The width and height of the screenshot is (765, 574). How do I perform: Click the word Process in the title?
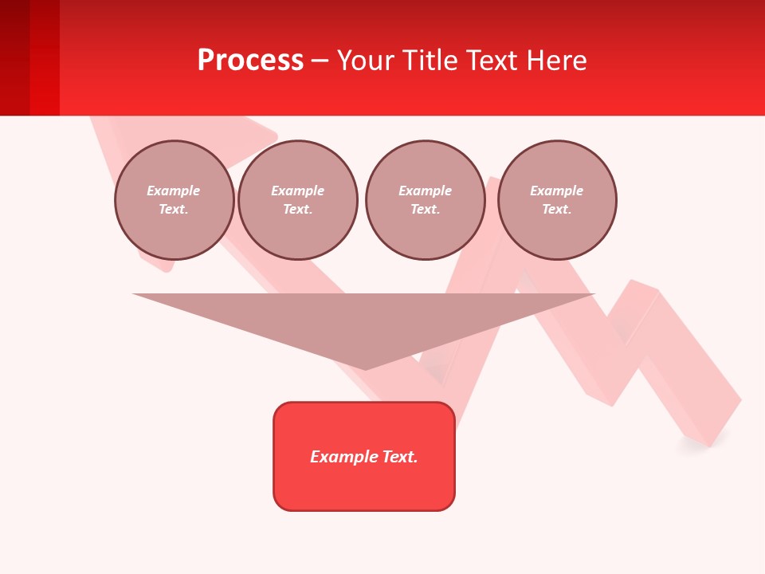coord(250,61)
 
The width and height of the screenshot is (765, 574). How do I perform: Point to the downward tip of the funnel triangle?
coord(365,368)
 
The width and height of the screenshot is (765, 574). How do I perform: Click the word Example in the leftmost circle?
coord(174,191)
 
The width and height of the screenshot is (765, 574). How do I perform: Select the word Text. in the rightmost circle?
coord(556,209)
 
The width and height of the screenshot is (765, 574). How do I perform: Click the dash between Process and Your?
coord(320,61)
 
